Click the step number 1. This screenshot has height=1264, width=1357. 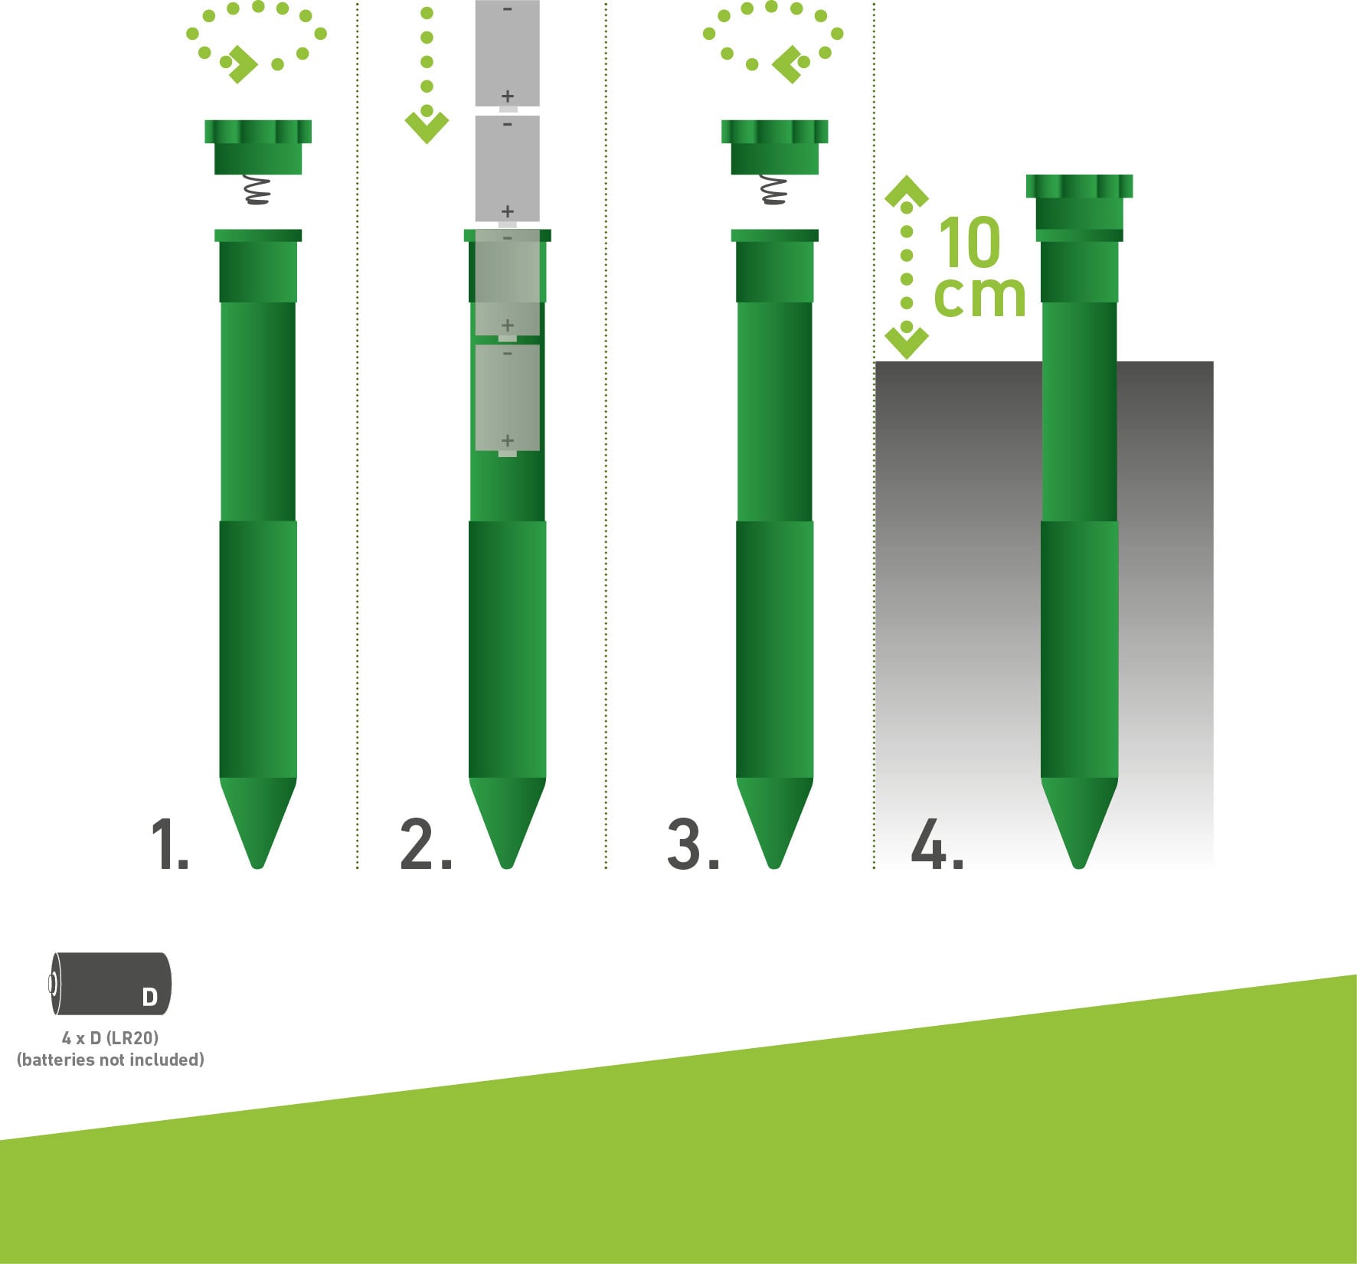tap(169, 844)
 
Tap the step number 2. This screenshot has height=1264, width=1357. tap(426, 844)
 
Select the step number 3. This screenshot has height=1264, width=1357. tap(693, 844)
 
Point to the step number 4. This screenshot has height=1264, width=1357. tap(937, 844)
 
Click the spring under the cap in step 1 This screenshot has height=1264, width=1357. tap(257, 190)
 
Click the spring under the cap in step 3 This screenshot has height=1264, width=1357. tap(774, 190)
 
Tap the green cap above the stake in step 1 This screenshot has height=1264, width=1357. tap(258, 147)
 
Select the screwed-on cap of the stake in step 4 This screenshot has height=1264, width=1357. tap(1079, 203)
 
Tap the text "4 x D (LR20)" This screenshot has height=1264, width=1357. tap(110, 1038)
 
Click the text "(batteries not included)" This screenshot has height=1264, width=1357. tap(110, 1060)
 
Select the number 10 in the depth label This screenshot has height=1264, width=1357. tap(970, 242)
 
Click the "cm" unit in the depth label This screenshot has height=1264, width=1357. tap(979, 296)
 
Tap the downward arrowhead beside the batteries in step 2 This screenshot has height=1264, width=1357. tap(427, 127)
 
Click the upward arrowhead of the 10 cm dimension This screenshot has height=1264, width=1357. tap(907, 191)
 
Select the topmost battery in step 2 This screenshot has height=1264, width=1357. tap(508, 54)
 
